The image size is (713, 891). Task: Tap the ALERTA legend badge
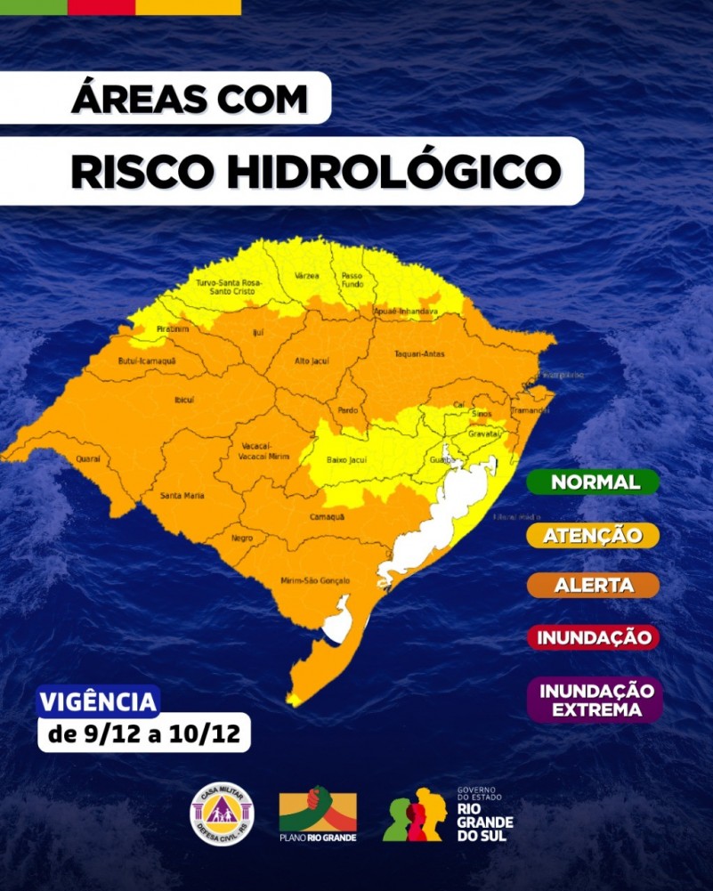pos(594,586)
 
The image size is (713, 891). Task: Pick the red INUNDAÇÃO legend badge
pos(593,637)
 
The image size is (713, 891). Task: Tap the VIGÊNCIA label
pos(99,701)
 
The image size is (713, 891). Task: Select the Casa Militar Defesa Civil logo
pos(223,814)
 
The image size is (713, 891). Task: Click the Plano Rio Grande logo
pos(318,814)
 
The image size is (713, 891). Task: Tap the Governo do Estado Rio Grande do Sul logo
pos(450,814)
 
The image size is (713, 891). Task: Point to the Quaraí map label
pos(88,459)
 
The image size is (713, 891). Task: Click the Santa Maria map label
pos(181,495)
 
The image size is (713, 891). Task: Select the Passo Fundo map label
pos(352,279)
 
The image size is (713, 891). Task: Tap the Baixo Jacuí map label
pos(348,459)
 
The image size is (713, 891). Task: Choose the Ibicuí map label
pos(184,400)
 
